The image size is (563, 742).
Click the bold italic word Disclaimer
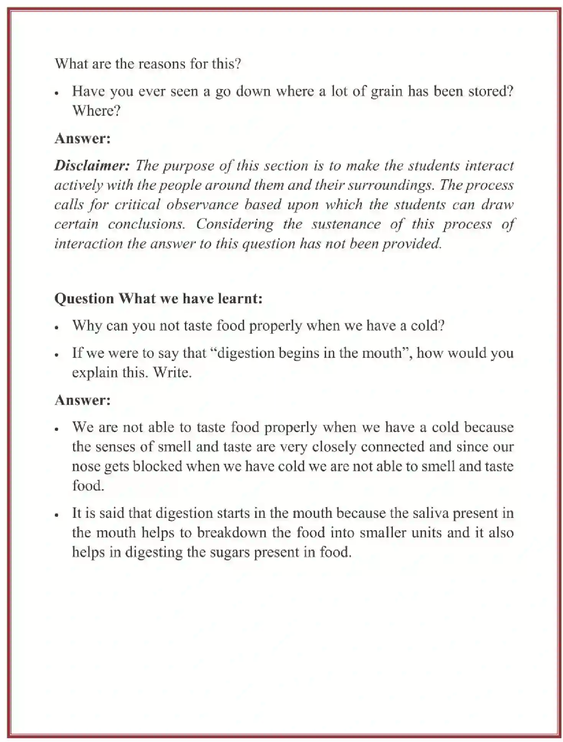point(92,165)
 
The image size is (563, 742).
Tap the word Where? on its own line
point(97,111)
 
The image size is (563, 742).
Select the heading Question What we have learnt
point(158,298)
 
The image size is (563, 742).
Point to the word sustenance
point(346,224)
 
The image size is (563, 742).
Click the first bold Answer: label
point(82,138)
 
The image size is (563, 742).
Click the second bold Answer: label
point(82,400)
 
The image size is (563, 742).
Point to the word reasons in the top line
point(161,64)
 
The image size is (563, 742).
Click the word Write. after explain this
point(172,373)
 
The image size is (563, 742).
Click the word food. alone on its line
point(88,486)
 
